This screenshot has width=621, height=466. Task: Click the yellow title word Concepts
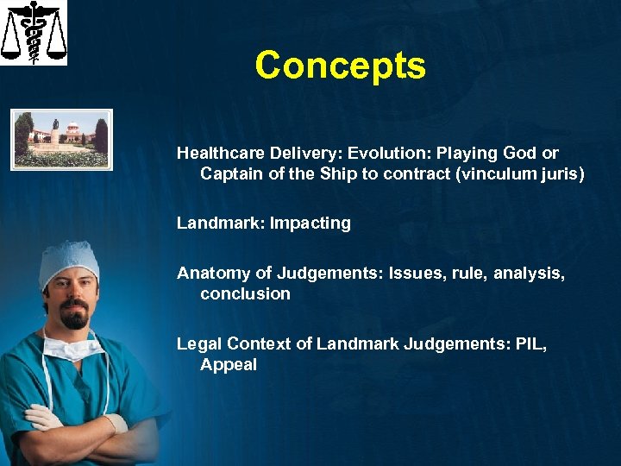click(340, 66)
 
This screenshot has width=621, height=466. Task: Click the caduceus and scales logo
click(34, 33)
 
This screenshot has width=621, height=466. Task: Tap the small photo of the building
click(61, 138)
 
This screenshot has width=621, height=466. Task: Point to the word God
click(520, 154)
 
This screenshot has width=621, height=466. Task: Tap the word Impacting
click(310, 224)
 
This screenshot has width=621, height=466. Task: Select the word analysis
click(528, 274)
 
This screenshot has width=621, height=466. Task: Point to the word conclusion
click(245, 294)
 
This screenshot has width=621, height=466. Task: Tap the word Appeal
click(229, 365)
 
